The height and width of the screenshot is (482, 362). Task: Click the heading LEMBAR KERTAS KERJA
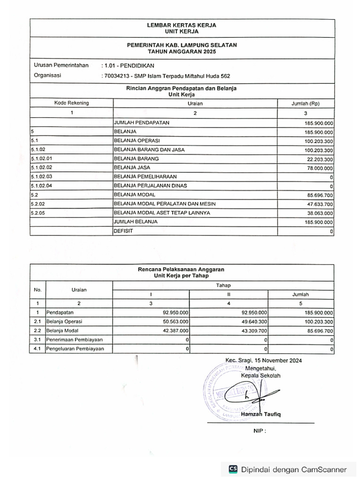(x=181, y=25)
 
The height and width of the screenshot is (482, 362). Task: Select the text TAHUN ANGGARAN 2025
(x=181, y=51)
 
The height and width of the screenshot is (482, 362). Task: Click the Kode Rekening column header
(x=72, y=103)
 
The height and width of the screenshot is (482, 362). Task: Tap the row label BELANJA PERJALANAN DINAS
(x=150, y=185)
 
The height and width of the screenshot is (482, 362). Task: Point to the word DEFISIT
(x=123, y=231)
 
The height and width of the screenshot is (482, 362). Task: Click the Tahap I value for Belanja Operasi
(x=175, y=321)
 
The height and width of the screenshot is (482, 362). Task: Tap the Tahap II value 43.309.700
(x=254, y=330)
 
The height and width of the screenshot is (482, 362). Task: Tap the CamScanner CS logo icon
(x=233, y=469)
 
